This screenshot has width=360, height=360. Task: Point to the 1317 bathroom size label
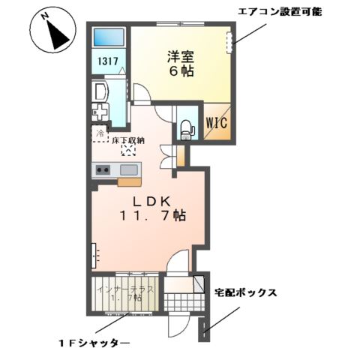(x=106, y=64)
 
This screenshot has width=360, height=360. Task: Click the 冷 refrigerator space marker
(x=99, y=133)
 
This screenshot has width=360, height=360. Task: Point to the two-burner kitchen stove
(x=103, y=169)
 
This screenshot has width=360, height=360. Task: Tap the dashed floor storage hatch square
(x=127, y=150)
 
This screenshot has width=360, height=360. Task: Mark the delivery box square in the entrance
(x=199, y=283)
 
